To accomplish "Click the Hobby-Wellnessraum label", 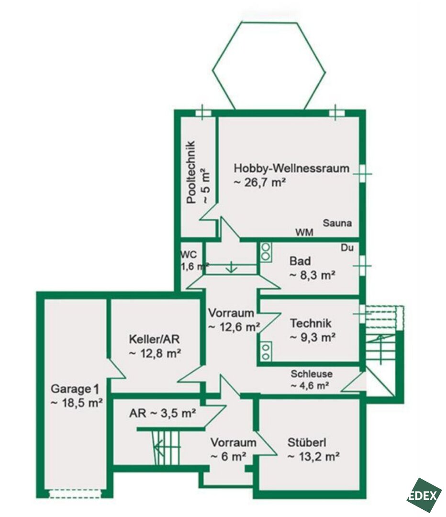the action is pyautogui.click(x=291, y=175).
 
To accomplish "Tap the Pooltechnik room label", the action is pyautogui.click(x=197, y=172).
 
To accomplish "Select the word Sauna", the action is pyautogui.click(x=337, y=223).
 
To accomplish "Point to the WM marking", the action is pyautogui.click(x=304, y=233).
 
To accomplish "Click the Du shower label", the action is pyautogui.click(x=347, y=247).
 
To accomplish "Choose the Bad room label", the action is pyautogui.click(x=312, y=268).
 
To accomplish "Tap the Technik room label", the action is pyautogui.click(x=312, y=330).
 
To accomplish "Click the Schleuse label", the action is pyautogui.click(x=311, y=379).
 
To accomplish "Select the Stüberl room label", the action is pyautogui.click(x=313, y=449).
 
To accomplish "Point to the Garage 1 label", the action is pyautogui.click(x=77, y=396).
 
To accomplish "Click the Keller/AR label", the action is pyautogui.click(x=155, y=346).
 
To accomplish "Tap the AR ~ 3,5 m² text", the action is pyautogui.click(x=163, y=413).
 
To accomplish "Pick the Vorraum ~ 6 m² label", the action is pyautogui.click(x=233, y=449).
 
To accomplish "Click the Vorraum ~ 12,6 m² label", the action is pyautogui.click(x=234, y=320).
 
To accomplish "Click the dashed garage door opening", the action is pyautogui.click(x=75, y=494).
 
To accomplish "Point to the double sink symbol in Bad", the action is pyautogui.click(x=266, y=252).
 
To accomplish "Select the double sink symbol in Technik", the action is pyautogui.click(x=266, y=351).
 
